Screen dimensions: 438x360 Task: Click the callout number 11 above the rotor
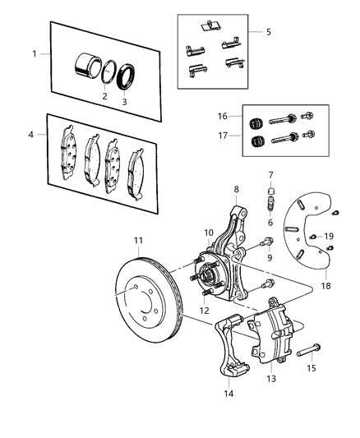(x=138, y=241)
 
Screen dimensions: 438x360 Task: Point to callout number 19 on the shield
(x=329, y=237)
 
